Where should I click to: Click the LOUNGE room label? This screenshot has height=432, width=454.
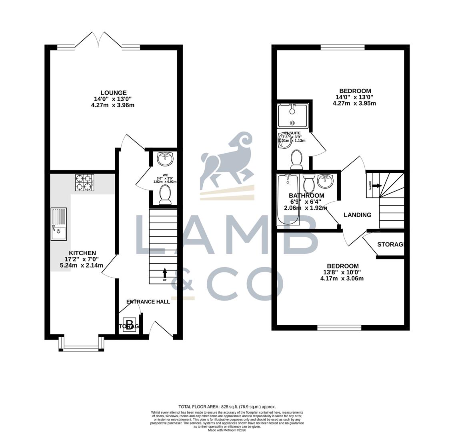click(x=114, y=93)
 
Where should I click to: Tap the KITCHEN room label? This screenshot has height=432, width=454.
click(x=82, y=253)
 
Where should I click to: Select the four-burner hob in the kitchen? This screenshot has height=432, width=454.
click(x=84, y=182)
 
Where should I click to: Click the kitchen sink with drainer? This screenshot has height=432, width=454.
click(x=59, y=224)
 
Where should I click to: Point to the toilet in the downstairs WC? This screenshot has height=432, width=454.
click(x=165, y=196)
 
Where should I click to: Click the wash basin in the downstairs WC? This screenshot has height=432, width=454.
click(x=165, y=159)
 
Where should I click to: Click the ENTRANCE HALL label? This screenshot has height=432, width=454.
click(x=148, y=302)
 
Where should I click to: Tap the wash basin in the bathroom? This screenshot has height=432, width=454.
click(x=325, y=181)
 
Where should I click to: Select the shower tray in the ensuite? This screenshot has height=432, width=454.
click(x=292, y=114)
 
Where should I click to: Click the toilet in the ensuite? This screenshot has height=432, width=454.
click(x=296, y=159)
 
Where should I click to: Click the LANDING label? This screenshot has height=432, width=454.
click(x=357, y=215)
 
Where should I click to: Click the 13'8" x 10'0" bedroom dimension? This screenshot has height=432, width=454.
click(x=342, y=272)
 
